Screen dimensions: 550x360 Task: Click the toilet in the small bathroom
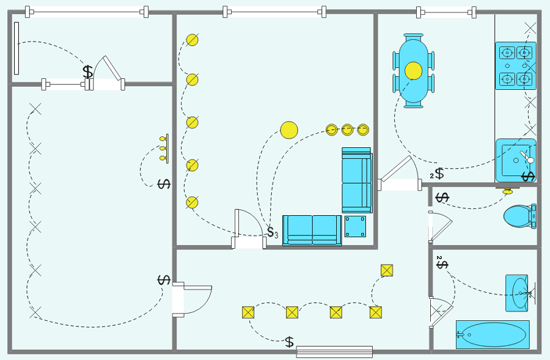pyautogui.click(x=520, y=216)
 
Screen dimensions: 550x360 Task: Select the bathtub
pyautogui.click(x=493, y=334)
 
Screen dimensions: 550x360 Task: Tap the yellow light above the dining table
pyautogui.click(x=413, y=70)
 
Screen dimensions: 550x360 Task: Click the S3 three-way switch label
pyautogui.click(x=273, y=232)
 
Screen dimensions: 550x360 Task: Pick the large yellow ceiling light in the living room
pyautogui.click(x=289, y=130)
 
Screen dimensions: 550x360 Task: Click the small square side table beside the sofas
pyautogui.click(x=355, y=226)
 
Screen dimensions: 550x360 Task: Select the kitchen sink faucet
pyautogui.click(x=527, y=157)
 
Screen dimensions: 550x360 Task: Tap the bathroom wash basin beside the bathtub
pyautogui.click(x=518, y=293)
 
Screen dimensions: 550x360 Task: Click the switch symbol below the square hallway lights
pyautogui.click(x=289, y=342)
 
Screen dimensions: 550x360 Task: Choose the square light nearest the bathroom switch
pyautogui.click(x=387, y=271)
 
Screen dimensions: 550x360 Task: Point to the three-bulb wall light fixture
pyautogui.click(x=164, y=149)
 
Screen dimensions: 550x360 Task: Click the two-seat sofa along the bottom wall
pyautogui.click(x=312, y=230)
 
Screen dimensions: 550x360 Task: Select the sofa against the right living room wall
pyautogui.click(x=357, y=180)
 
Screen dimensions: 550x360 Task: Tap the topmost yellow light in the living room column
pyautogui.click(x=193, y=40)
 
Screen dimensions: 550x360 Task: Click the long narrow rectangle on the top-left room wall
pyautogui.click(x=16, y=48)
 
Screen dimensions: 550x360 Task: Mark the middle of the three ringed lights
pyautogui.click(x=347, y=130)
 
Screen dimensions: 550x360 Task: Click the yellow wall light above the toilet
pyautogui.click(x=507, y=191)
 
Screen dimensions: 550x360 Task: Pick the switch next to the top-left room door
pyautogui.click(x=87, y=72)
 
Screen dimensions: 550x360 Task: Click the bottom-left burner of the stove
pyautogui.click(x=507, y=79)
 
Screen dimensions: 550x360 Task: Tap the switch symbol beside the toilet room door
pyautogui.click(x=442, y=197)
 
